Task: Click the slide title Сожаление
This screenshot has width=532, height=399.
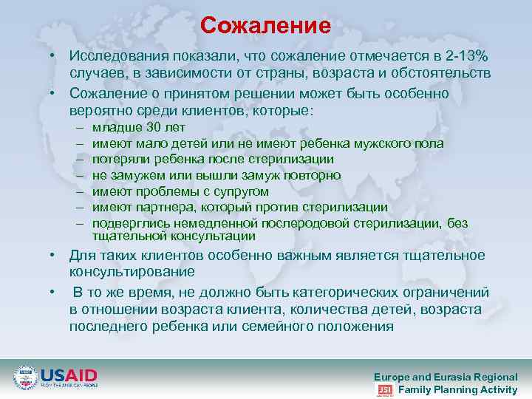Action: click(x=265, y=26)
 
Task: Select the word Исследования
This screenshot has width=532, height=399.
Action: click(x=112, y=57)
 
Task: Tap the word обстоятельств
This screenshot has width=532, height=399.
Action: click(x=445, y=73)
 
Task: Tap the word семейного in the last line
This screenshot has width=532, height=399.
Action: click(x=279, y=326)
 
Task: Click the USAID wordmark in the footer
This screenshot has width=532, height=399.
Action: click(x=69, y=375)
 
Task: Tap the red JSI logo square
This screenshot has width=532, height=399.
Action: click(x=385, y=389)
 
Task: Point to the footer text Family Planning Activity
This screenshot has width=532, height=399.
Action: click(x=457, y=389)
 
